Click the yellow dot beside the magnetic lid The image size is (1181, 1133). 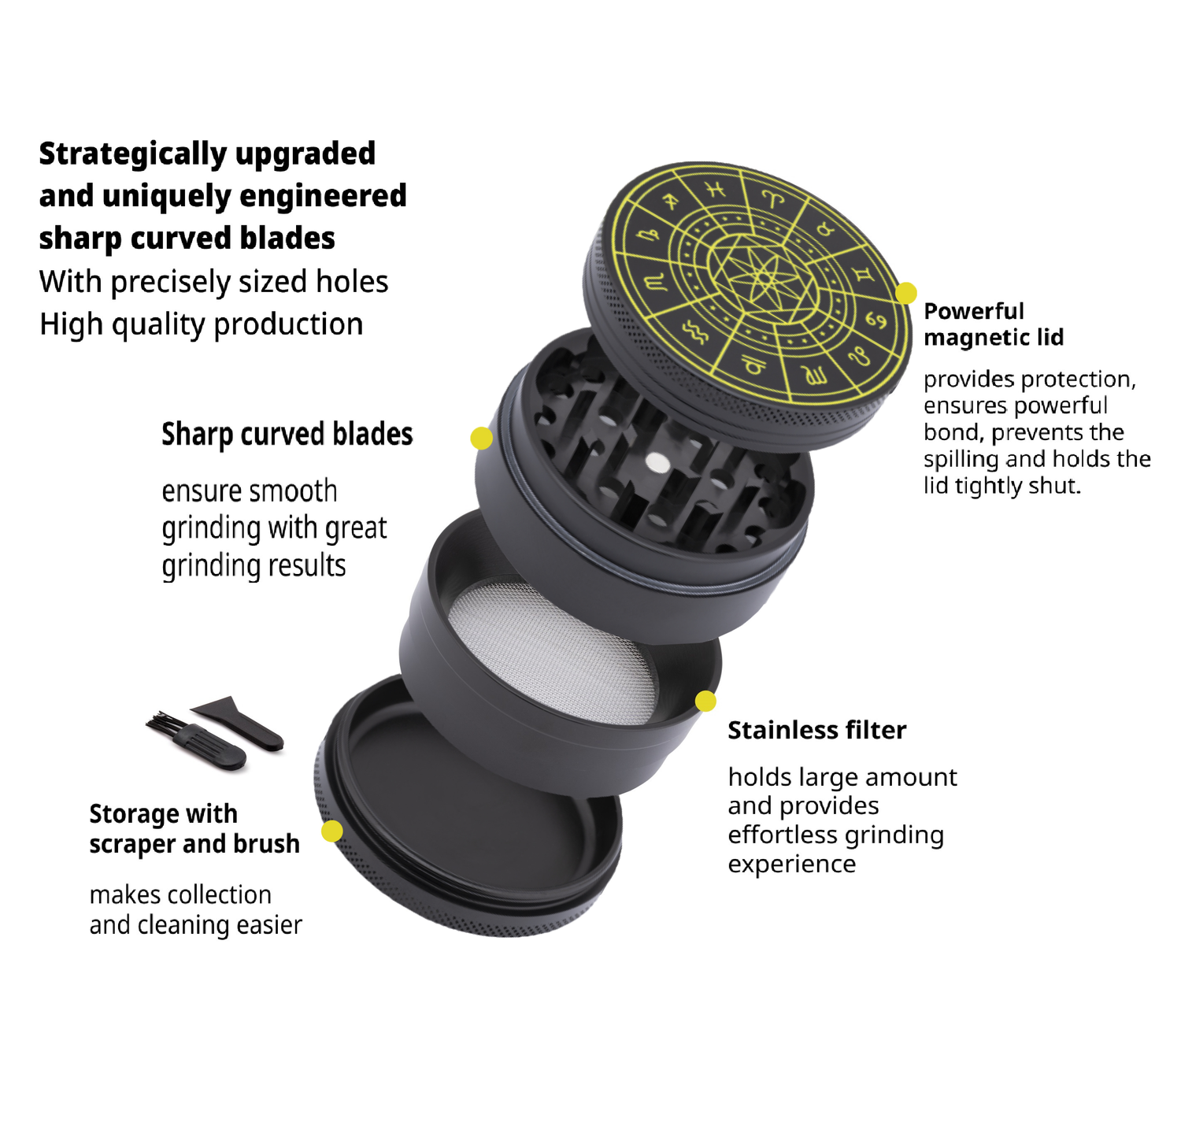tap(906, 293)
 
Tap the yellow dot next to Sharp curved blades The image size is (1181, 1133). tap(481, 439)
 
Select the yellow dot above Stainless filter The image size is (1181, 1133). tap(705, 701)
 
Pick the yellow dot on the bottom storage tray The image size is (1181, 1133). tap(332, 831)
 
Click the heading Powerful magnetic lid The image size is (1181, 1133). tap(994, 324)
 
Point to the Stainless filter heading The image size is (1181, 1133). tap(816, 730)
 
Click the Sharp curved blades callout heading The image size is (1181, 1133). tap(287, 434)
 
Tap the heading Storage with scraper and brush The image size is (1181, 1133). tap(194, 828)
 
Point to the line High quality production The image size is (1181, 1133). tap(202, 324)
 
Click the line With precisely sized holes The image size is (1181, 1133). tap(214, 282)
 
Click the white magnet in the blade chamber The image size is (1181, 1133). tap(657, 462)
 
